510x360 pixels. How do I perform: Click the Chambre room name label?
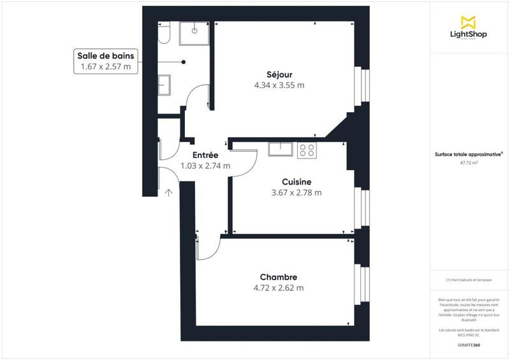[279, 277]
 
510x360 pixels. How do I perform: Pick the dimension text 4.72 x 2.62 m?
[279, 287]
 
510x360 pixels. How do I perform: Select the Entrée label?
[205, 155]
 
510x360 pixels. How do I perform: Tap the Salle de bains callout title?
[106, 56]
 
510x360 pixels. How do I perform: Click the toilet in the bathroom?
[164, 33]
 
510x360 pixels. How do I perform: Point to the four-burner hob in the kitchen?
[307, 150]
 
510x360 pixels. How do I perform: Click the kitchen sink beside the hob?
[280, 149]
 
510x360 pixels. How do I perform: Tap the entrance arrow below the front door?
[169, 192]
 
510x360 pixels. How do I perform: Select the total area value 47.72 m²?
[469, 162]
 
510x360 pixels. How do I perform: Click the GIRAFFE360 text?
[469, 345]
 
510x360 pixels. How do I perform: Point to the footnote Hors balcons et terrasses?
[469, 280]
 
